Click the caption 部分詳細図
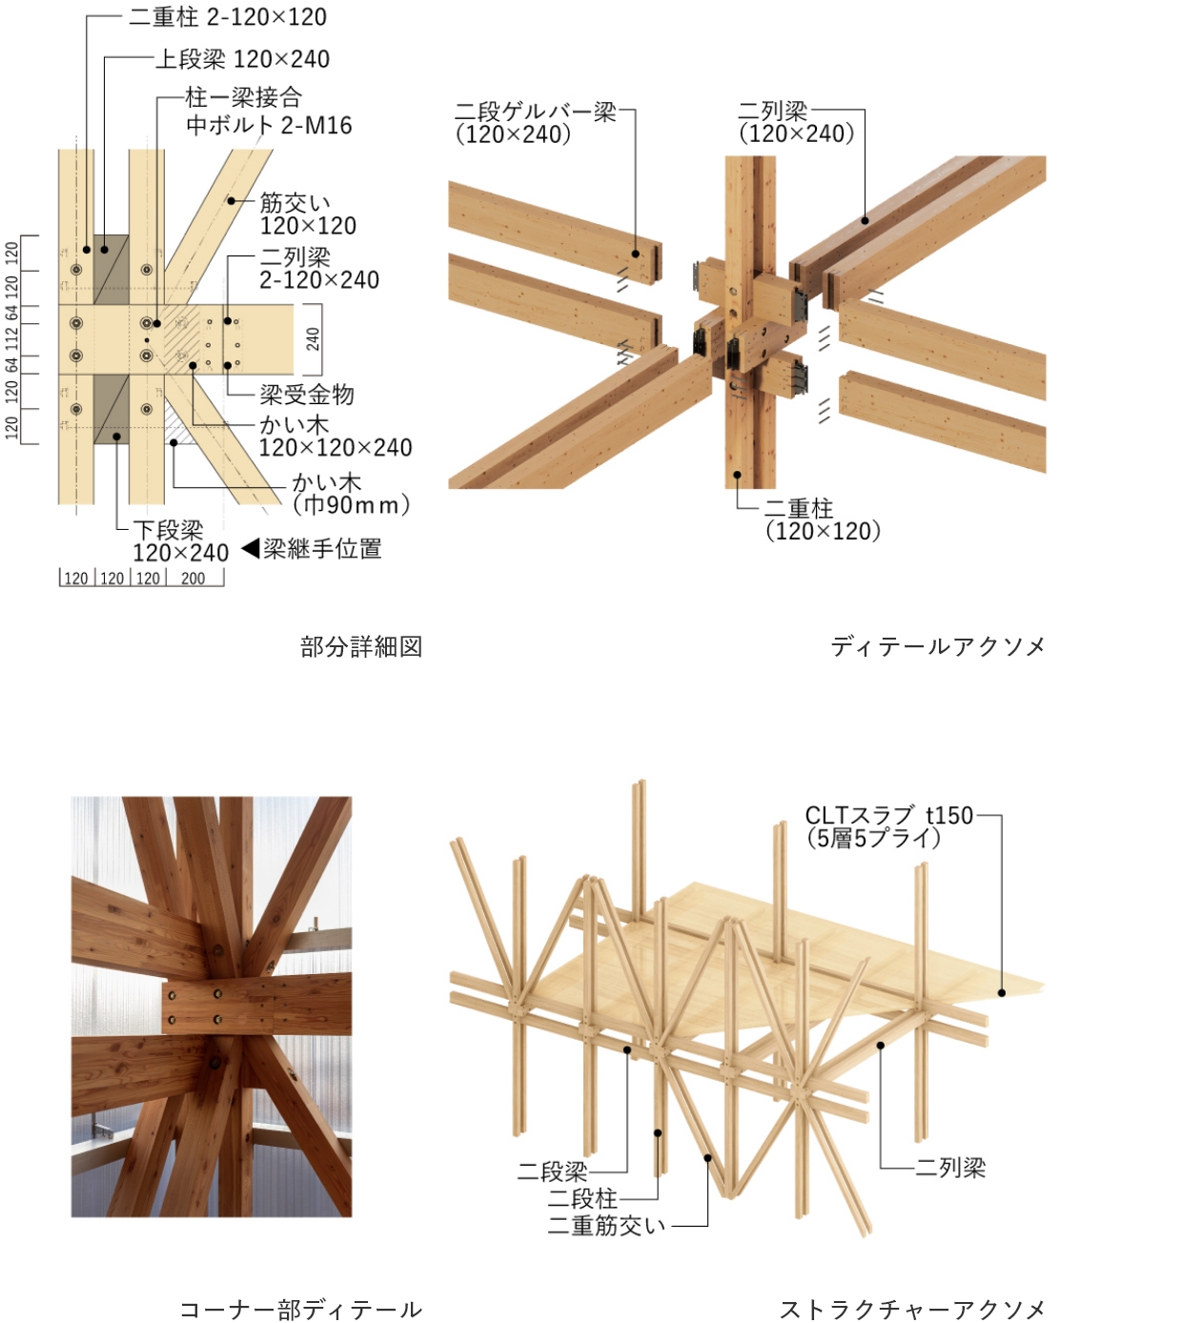[361, 646]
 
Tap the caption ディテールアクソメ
[938, 646]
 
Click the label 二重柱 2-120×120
[228, 17]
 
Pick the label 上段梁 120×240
[242, 59]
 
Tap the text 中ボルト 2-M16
[269, 125]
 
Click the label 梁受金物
[307, 394]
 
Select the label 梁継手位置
[322, 548]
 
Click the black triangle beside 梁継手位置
[251, 548]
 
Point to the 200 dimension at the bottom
[193, 579]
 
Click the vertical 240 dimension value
[313, 339]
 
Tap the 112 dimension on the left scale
[11, 339]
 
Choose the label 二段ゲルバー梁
[536, 112]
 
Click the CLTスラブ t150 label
[888, 815]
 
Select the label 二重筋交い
[606, 1226]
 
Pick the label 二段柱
[582, 1198]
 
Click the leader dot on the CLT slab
[1002, 993]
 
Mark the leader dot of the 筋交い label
[232, 201]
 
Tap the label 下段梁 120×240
[180, 541]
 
